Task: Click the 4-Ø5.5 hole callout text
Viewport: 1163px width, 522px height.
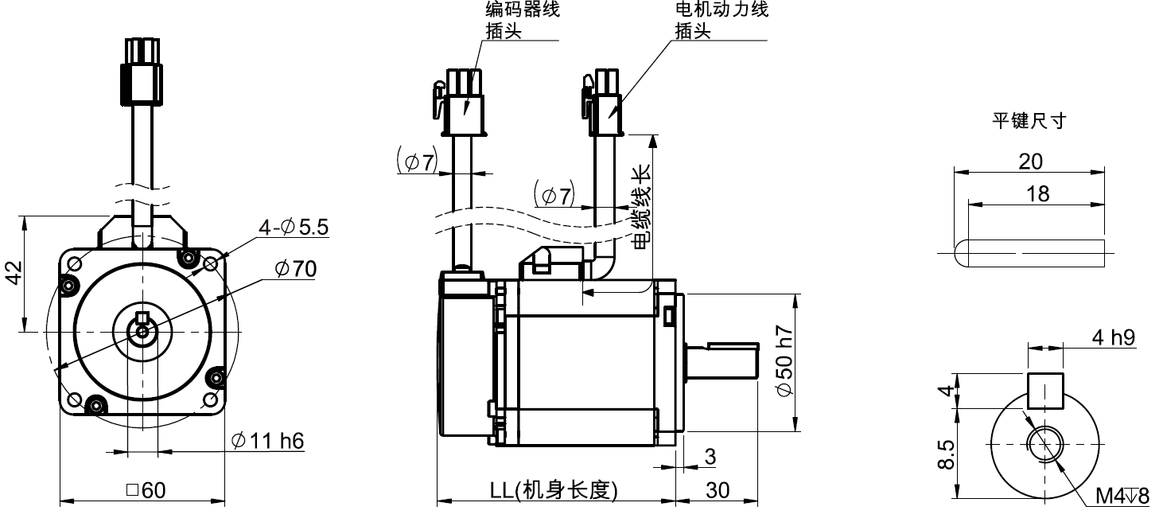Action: point(293,228)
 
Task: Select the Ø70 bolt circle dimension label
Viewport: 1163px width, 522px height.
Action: point(295,269)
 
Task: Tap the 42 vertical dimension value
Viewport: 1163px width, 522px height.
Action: point(14,272)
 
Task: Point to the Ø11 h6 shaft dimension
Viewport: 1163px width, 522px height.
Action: point(267,440)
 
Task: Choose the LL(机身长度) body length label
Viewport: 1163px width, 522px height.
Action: point(554,490)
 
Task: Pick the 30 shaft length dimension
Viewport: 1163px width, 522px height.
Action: point(718,490)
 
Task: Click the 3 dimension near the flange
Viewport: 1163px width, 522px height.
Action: point(710,457)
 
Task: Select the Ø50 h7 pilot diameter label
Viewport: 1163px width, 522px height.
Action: point(783,362)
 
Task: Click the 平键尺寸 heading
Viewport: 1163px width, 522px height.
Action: point(1028,121)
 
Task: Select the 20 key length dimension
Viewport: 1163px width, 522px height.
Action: point(1031,162)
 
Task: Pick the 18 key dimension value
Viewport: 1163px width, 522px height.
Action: point(1037,193)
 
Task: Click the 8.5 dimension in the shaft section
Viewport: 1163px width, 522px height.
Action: point(945,454)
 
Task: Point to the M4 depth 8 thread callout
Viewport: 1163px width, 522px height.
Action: point(1122,497)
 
